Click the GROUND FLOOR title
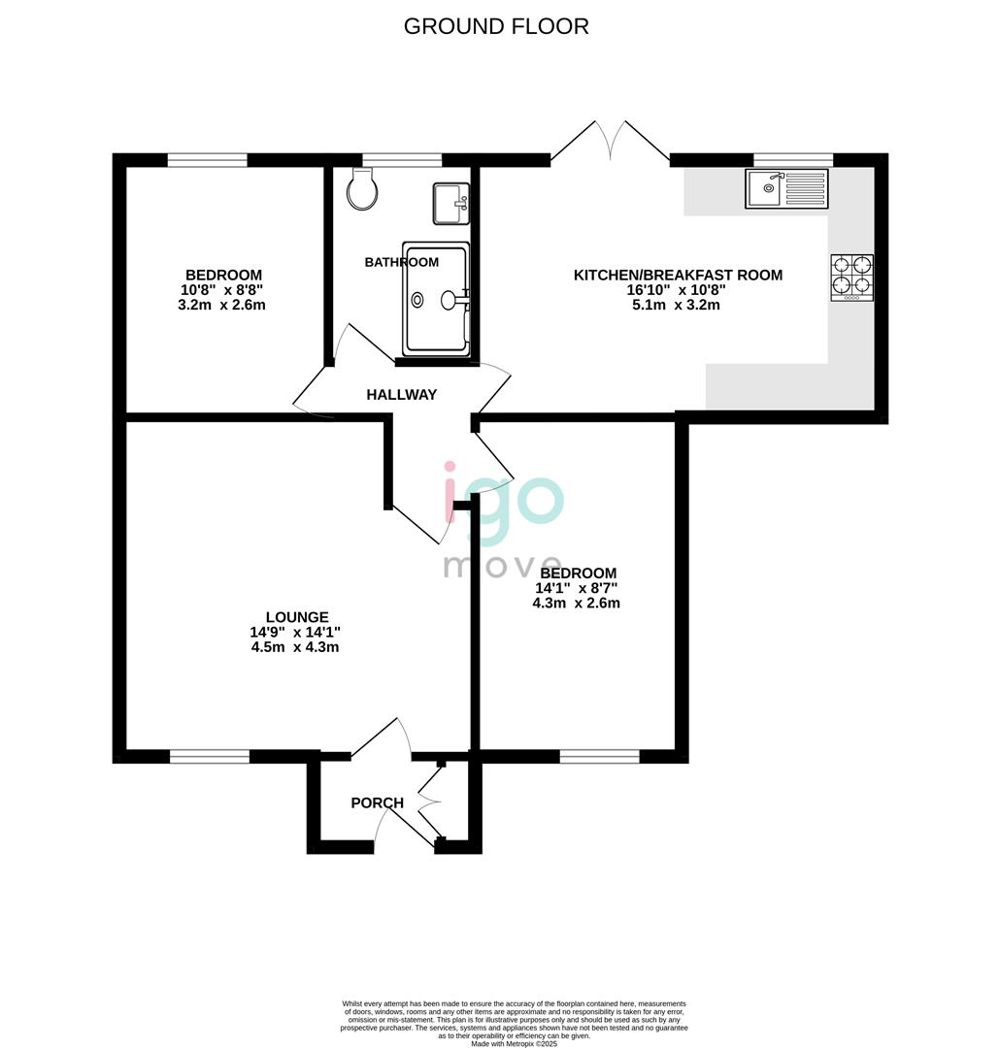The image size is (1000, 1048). pos(496,26)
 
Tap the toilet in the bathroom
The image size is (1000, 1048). pos(362,188)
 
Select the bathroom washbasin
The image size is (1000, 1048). pos(452,203)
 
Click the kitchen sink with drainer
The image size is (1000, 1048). pos(786,188)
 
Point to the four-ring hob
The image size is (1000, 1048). pos(852,278)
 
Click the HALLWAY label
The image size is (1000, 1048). pos(401,395)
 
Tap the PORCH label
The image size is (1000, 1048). pos(378,802)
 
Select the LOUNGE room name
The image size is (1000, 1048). pos(297,617)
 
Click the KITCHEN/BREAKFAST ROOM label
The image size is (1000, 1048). pos(678,275)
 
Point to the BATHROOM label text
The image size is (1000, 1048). pos(401,262)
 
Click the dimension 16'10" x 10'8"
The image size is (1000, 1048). pos(677,290)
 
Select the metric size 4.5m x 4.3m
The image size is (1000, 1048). pos(295,647)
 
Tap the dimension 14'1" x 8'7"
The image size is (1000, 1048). pos(576,588)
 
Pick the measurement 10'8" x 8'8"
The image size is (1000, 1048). pos(222,290)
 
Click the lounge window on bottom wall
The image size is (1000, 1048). pos(210,756)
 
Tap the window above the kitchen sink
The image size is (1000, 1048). pos(793,160)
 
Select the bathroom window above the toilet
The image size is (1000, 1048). pos(402,160)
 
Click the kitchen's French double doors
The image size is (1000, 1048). pos(610,142)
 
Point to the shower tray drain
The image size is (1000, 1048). pos(418,300)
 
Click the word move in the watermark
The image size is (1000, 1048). pos(503,566)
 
